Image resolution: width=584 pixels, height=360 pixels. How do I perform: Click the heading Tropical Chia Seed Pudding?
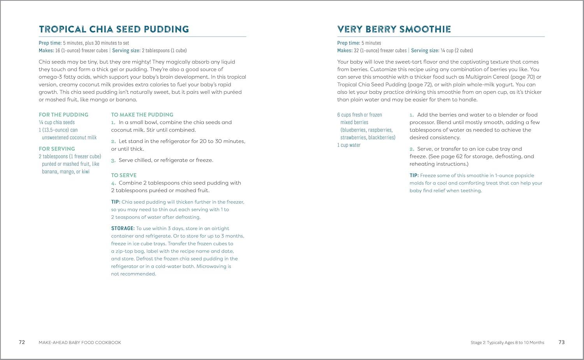tap(114, 29)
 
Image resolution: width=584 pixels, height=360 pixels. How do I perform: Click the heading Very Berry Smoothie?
tap(394, 29)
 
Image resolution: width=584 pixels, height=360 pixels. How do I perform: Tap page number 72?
tap(22, 342)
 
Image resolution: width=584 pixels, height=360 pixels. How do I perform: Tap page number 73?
tap(561, 342)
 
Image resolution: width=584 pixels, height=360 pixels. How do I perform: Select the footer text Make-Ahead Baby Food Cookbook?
tap(80, 343)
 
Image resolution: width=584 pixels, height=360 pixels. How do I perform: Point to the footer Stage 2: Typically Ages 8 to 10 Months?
tap(507, 343)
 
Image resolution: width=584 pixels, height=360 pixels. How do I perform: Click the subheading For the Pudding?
tap(63, 115)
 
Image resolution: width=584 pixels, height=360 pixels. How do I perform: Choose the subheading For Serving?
tap(57, 149)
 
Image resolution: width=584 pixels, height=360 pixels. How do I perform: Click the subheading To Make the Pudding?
tap(142, 115)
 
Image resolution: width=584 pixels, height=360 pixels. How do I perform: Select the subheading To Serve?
tap(124, 176)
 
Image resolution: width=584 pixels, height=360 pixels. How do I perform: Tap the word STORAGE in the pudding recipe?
tap(123, 228)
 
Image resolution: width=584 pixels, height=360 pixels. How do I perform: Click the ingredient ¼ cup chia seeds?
tap(57, 122)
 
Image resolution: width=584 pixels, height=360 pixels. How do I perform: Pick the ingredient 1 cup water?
tap(349, 145)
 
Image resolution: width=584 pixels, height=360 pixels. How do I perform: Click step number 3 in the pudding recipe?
tap(113, 161)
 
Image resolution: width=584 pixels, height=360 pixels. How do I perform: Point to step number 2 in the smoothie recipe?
tap(412, 149)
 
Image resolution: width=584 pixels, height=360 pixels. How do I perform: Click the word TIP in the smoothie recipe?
tap(414, 176)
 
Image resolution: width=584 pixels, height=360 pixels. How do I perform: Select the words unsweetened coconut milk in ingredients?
tap(69, 137)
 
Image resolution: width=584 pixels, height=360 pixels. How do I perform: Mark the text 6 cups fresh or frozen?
tap(359, 115)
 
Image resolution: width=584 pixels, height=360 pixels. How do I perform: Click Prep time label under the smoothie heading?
tap(348, 43)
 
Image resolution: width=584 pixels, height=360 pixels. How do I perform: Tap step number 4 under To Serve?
tap(113, 183)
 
